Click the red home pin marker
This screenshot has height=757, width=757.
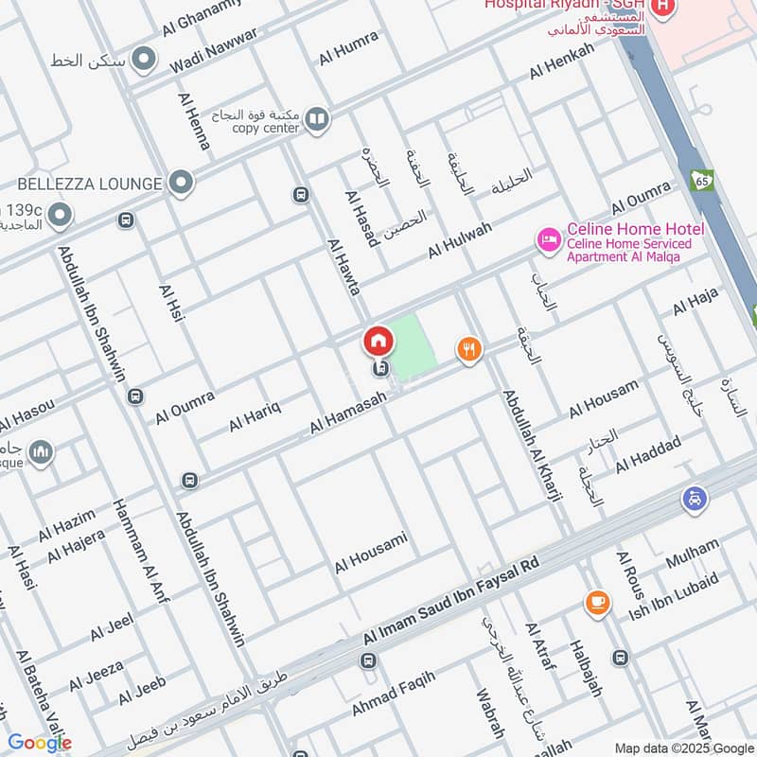click(x=378, y=341)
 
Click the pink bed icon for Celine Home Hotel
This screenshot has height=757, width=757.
click(x=548, y=240)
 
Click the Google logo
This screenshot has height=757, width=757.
click(x=40, y=743)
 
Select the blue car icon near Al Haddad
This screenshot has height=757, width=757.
click(x=695, y=499)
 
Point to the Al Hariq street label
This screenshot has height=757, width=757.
click(x=255, y=417)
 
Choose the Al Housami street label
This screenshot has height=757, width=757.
click(x=371, y=553)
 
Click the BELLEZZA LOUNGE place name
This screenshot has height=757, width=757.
click(x=90, y=182)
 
